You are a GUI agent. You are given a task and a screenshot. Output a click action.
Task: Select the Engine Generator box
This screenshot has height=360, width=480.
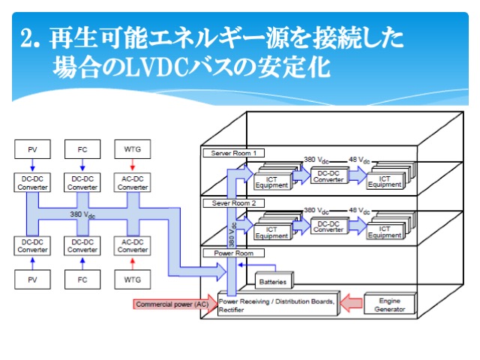coord(388,303)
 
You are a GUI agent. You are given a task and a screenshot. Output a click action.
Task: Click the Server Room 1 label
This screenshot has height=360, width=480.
coord(233,153)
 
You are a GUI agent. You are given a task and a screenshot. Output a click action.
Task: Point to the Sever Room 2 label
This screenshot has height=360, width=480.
coord(233,202)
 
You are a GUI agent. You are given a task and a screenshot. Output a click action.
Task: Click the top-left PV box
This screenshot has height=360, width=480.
coord(32,149)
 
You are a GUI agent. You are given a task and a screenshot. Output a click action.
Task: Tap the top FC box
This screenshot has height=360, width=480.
coord(82,149)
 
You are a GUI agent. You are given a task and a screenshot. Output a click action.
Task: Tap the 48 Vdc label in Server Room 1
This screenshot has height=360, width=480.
coord(361,160)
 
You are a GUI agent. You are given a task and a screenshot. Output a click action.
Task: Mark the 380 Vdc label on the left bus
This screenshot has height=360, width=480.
coord(83,215)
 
